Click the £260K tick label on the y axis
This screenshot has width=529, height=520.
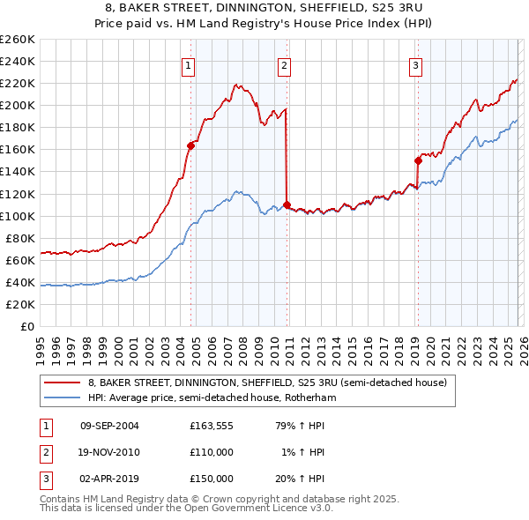coord(18,40)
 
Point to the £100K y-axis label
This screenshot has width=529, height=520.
coord(18,216)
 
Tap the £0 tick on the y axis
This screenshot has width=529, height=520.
coord(27,326)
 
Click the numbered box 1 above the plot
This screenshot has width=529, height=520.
coord(189,64)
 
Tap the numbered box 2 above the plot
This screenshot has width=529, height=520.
coord(284,64)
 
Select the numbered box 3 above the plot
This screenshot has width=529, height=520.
coord(414,64)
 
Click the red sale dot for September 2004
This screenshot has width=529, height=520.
coord(190,145)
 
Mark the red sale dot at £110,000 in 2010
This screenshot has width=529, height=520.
coord(287,204)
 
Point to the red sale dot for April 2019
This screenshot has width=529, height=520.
coord(418,160)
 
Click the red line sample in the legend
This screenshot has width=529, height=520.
coord(62,383)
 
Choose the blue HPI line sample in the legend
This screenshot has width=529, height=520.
coord(62,398)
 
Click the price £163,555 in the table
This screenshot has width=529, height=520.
coord(212,426)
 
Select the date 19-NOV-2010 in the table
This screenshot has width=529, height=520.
coord(109,452)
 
